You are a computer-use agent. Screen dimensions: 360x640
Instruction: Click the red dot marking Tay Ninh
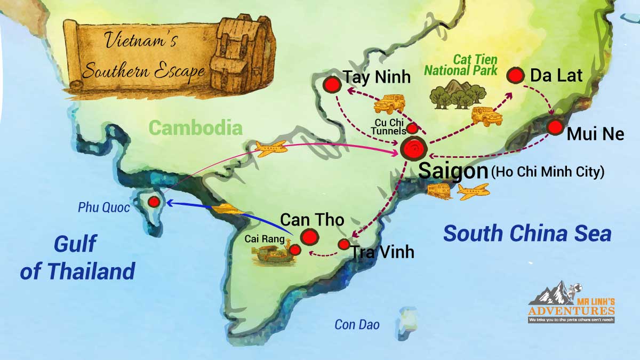pyautogui.click(x=332, y=84)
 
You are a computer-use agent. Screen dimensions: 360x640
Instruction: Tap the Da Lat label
pyautogui.click(x=556, y=76)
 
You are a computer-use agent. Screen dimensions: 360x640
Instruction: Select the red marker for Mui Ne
pyautogui.click(x=555, y=127)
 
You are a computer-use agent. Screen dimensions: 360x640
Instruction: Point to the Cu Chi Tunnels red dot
pyautogui.click(x=412, y=128)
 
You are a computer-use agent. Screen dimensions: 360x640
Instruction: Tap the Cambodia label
pyautogui.click(x=195, y=127)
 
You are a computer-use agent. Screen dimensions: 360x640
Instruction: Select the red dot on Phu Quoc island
pyautogui.click(x=154, y=202)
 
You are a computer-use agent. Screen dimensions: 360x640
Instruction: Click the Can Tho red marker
pyautogui.click(x=309, y=236)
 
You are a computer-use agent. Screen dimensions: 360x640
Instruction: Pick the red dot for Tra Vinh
pyautogui.click(x=344, y=244)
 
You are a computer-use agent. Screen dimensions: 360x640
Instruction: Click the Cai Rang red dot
pyautogui.click(x=295, y=249)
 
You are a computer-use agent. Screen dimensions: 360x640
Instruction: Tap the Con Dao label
pyautogui.click(x=357, y=324)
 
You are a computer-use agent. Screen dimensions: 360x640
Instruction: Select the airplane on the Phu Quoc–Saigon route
pyautogui.click(x=271, y=148)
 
